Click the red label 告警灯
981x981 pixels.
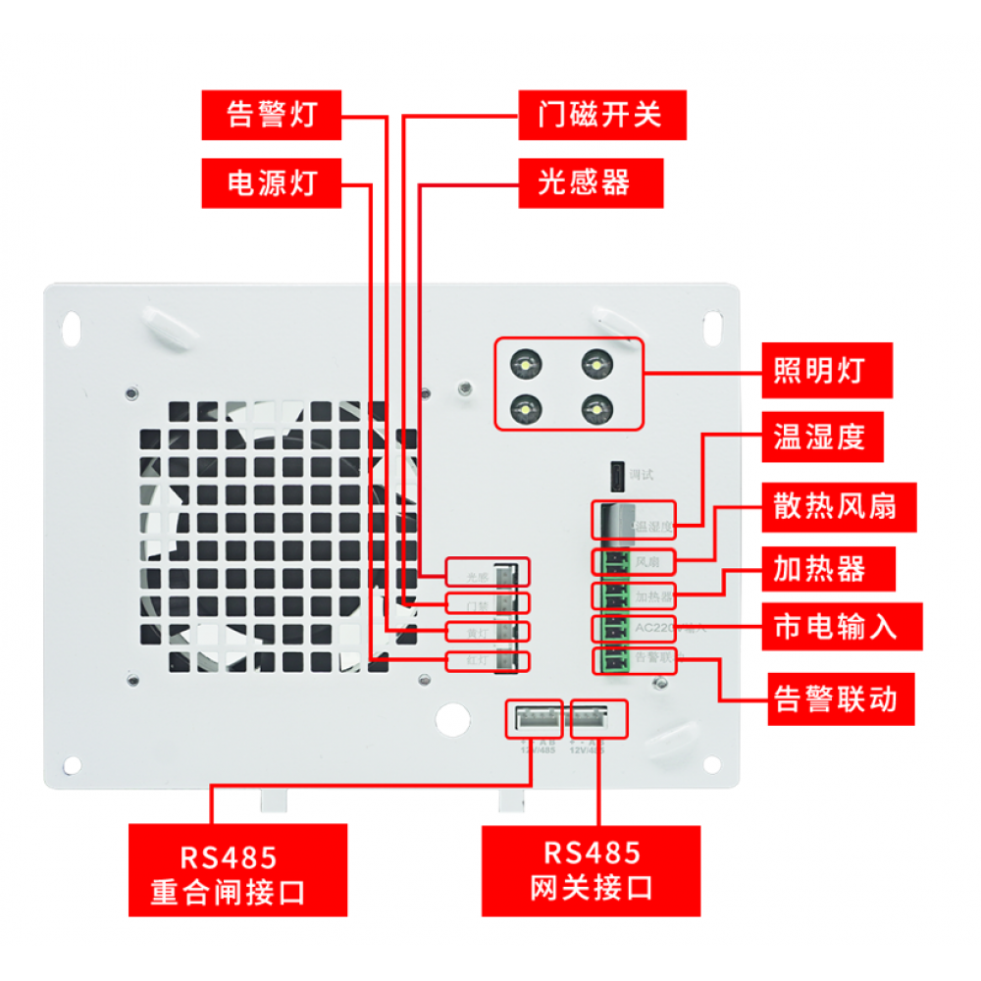(272, 115)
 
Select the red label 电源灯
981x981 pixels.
(272, 182)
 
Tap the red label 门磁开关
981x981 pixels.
(601, 115)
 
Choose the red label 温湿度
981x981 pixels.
(819, 437)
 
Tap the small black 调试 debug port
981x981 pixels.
(617, 475)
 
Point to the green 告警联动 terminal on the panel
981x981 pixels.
(612, 659)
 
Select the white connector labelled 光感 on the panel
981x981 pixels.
(507, 573)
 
